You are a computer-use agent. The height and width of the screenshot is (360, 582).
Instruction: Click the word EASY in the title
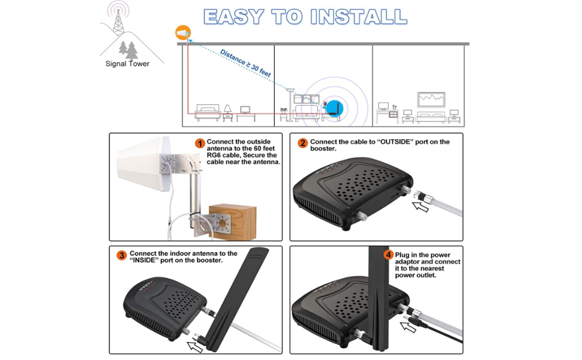click(x=235, y=17)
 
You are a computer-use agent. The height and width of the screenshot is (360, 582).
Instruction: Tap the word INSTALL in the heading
click(x=359, y=17)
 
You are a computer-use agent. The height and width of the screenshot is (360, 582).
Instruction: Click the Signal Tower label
click(x=127, y=64)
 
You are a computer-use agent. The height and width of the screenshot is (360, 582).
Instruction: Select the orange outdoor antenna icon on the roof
click(x=182, y=32)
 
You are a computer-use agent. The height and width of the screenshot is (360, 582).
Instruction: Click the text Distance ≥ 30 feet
click(x=245, y=62)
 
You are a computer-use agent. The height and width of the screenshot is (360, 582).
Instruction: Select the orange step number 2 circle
click(x=302, y=143)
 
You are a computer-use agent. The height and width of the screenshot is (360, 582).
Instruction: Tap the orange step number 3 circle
click(x=122, y=256)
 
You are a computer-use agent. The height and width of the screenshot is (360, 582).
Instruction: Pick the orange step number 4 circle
click(x=388, y=255)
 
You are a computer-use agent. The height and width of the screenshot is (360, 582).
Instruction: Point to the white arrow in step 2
click(x=421, y=207)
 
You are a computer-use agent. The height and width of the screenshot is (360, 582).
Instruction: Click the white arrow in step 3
click(x=196, y=345)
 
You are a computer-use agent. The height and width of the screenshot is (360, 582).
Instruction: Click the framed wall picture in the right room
click(x=431, y=99)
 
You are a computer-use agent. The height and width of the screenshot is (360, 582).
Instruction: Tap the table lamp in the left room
click(x=228, y=110)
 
